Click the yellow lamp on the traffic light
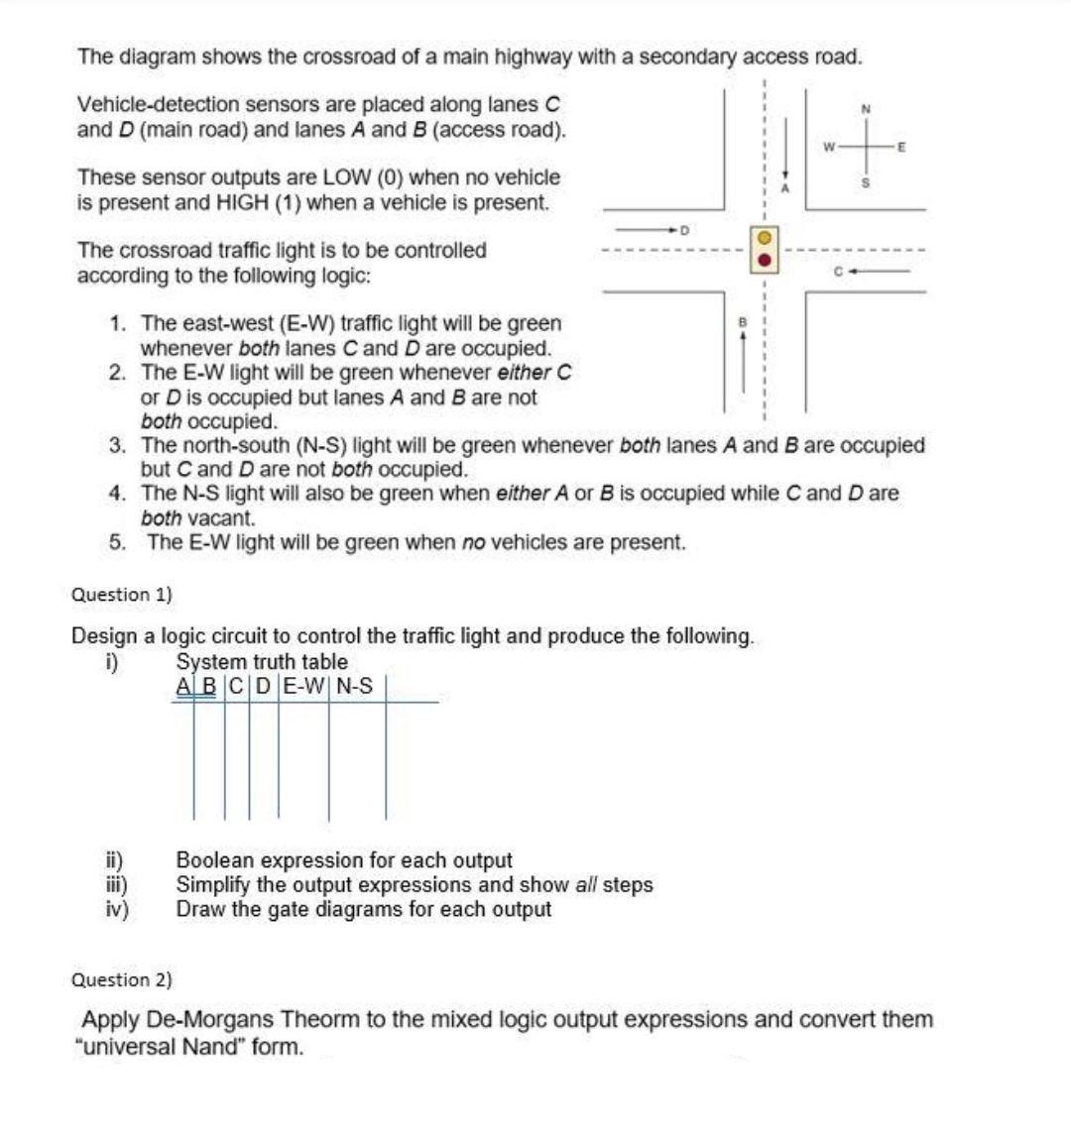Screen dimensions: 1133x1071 766,239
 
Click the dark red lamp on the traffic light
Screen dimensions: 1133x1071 766,261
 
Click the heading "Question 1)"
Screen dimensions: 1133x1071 122,595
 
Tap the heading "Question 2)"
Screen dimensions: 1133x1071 122,980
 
